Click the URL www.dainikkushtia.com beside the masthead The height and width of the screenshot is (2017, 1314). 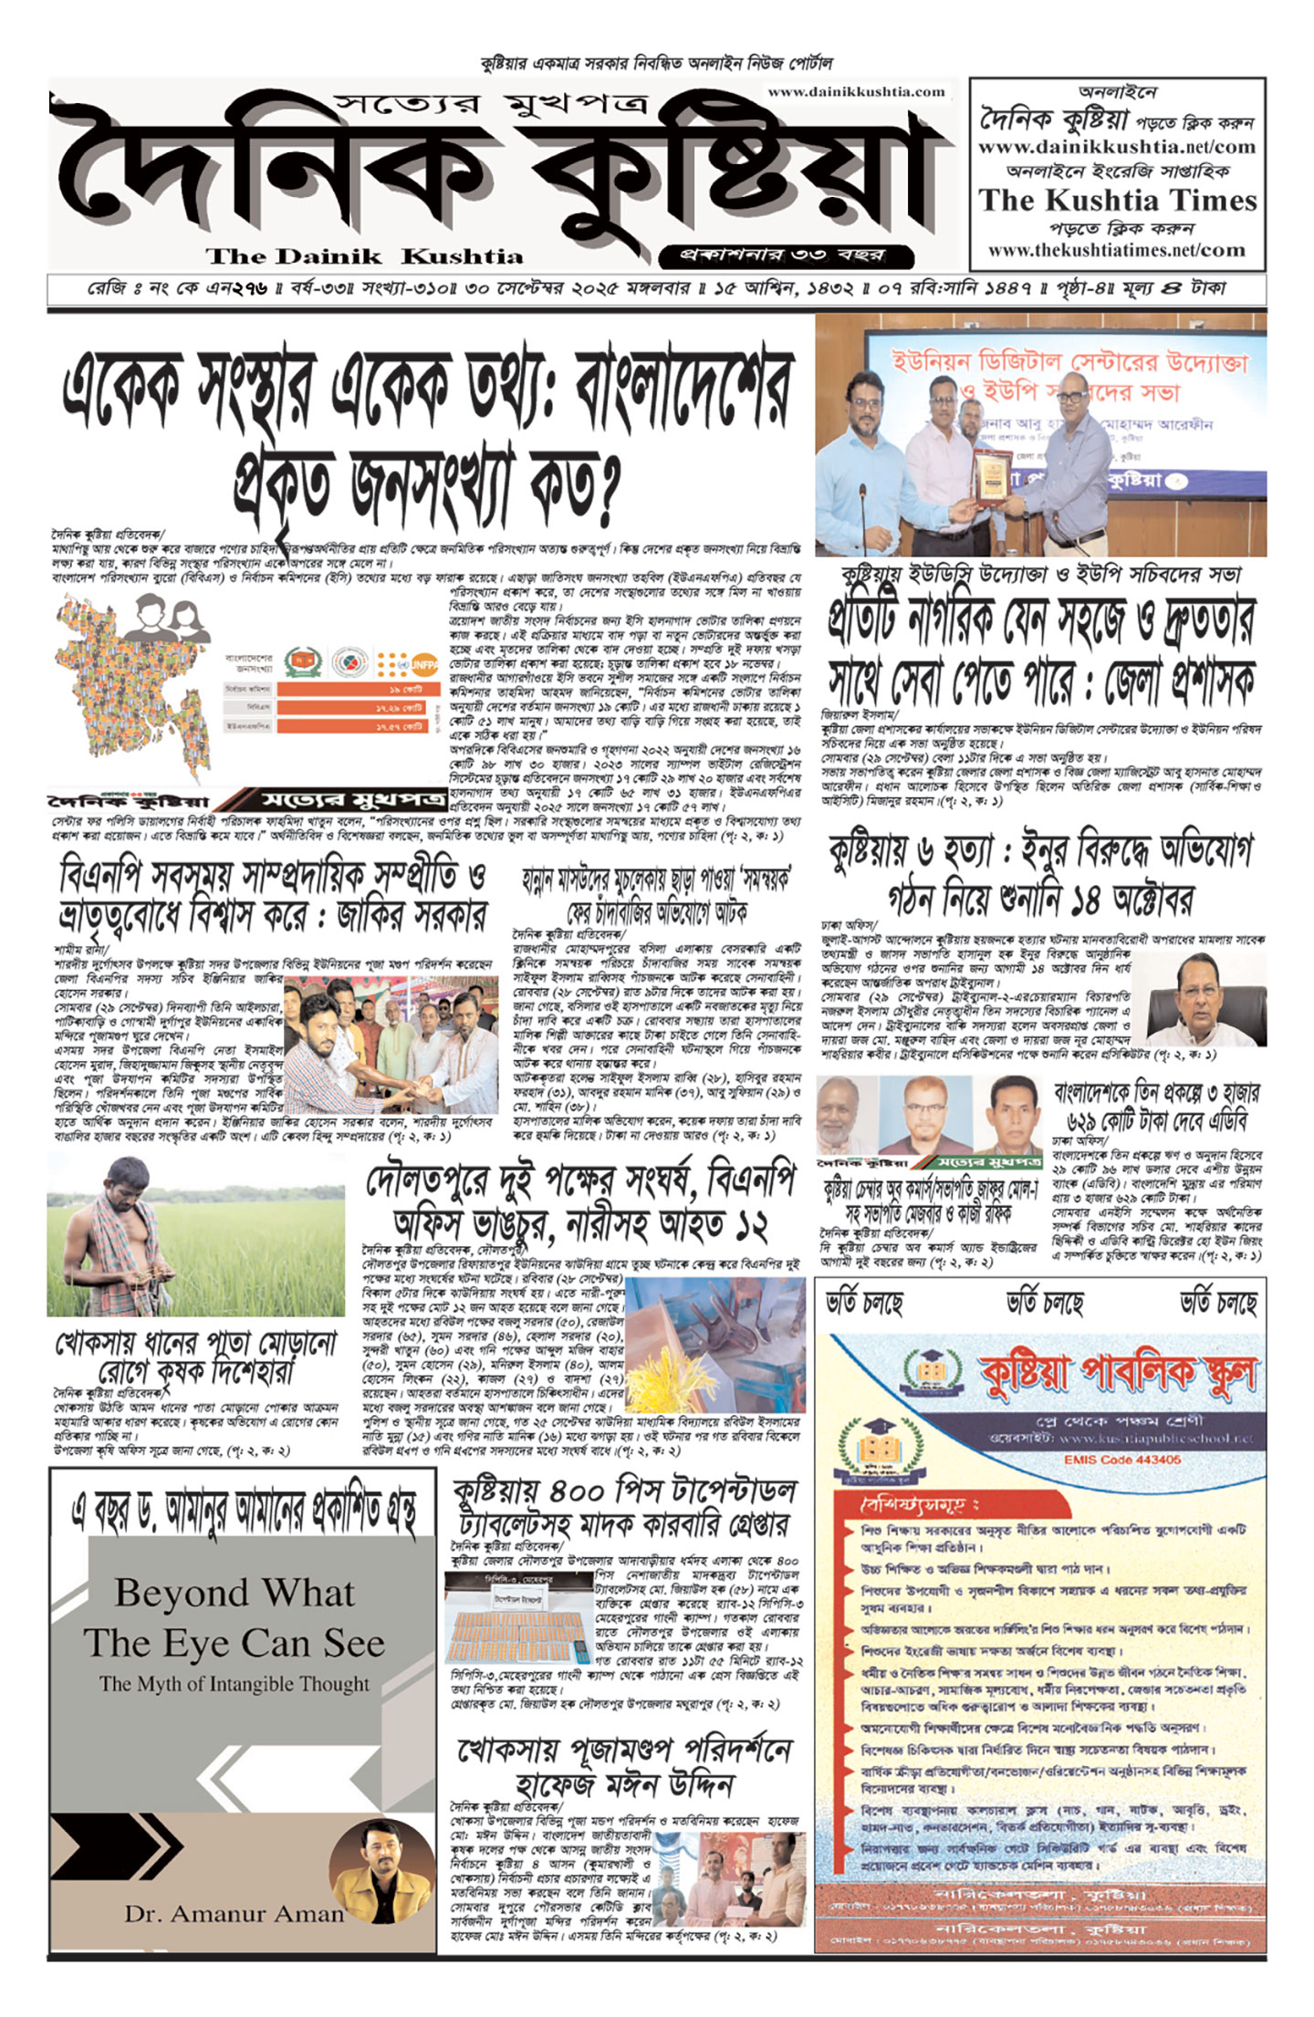click(856, 91)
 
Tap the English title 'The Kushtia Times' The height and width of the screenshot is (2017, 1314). click(1118, 201)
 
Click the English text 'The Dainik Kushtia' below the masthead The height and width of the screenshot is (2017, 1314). click(364, 256)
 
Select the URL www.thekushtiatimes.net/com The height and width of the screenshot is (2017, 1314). click(1116, 250)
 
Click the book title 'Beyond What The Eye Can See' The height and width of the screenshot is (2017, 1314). click(235, 1617)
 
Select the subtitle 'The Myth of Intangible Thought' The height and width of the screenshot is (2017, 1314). click(235, 1683)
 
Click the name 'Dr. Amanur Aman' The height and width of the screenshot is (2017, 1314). click(235, 1913)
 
